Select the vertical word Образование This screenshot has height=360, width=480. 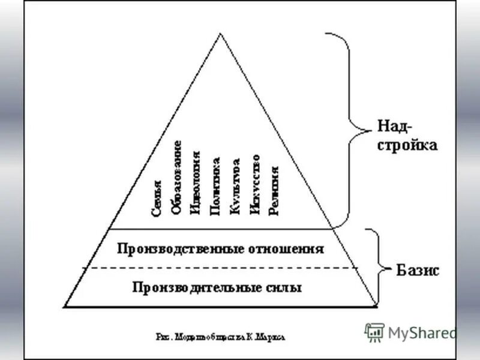(x=176, y=178)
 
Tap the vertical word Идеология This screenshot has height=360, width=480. (x=195, y=184)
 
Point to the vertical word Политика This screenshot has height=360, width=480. (x=215, y=186)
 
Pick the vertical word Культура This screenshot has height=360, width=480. (x=236, y=187)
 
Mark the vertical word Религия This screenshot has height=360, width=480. (x=274, y=191)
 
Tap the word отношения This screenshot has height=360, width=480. (x=286, y=248)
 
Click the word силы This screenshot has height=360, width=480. (x=284, y=287)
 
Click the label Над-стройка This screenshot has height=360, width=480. (x=407, y=136)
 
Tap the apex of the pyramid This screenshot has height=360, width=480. (x=221, y=34)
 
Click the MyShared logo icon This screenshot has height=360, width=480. (x=374, y=332)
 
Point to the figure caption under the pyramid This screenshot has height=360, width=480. (x=221, y=337)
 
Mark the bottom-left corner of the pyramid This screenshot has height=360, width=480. (x=65, y=307)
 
